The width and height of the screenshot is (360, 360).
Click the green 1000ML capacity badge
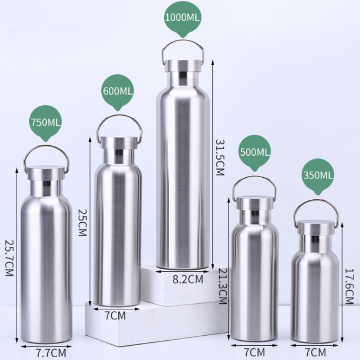point(183,18)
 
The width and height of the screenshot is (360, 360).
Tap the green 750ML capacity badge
point(45,122)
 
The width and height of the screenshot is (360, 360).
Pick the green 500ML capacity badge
point(255,152)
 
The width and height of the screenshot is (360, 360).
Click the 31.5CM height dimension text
point(219,157)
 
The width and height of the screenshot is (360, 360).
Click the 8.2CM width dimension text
point(188,279)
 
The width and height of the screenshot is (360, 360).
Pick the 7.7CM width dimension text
point(51,351)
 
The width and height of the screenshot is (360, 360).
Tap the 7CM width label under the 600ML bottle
point(115,315)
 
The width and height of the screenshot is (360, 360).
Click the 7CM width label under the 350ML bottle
point(315,351)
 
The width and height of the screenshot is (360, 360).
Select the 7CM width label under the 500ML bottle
point(255,351)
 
